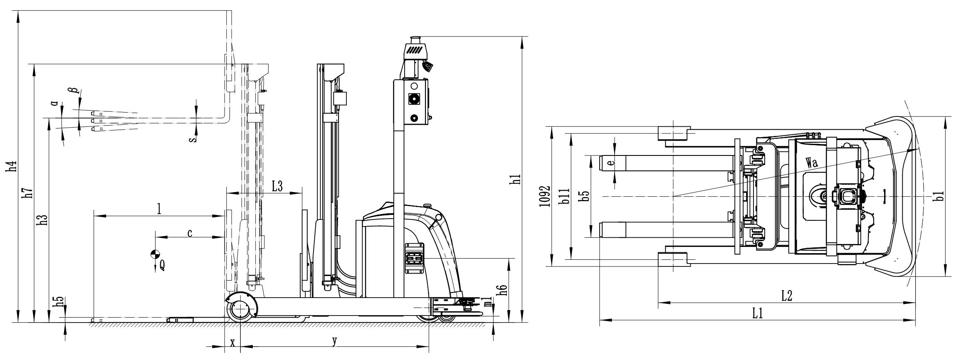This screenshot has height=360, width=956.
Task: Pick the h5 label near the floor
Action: [60, 302]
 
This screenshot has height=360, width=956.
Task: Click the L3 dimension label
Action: [277, 187]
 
